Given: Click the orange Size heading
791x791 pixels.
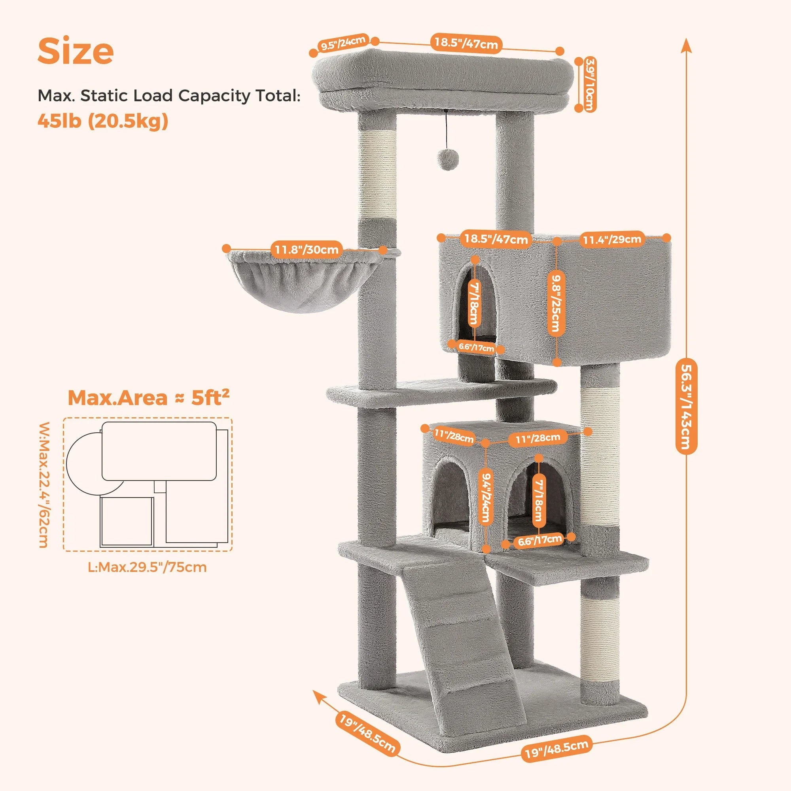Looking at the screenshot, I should tap(76, 51).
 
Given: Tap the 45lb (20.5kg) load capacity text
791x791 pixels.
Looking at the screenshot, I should tap(103, 121).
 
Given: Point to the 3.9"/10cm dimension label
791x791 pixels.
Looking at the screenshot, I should tap(589, 84).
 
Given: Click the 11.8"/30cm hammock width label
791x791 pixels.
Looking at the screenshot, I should tap(306, 249).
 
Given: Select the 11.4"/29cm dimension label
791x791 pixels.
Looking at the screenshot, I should tap(612, 239).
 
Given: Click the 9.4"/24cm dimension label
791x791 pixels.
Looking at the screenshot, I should tap(486, 498).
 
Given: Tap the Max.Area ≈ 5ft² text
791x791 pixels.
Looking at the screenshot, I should tap(148, 397).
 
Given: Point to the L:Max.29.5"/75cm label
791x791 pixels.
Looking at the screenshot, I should tap(148, 567).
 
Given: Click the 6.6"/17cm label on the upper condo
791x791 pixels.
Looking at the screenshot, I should tap(476, 348).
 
